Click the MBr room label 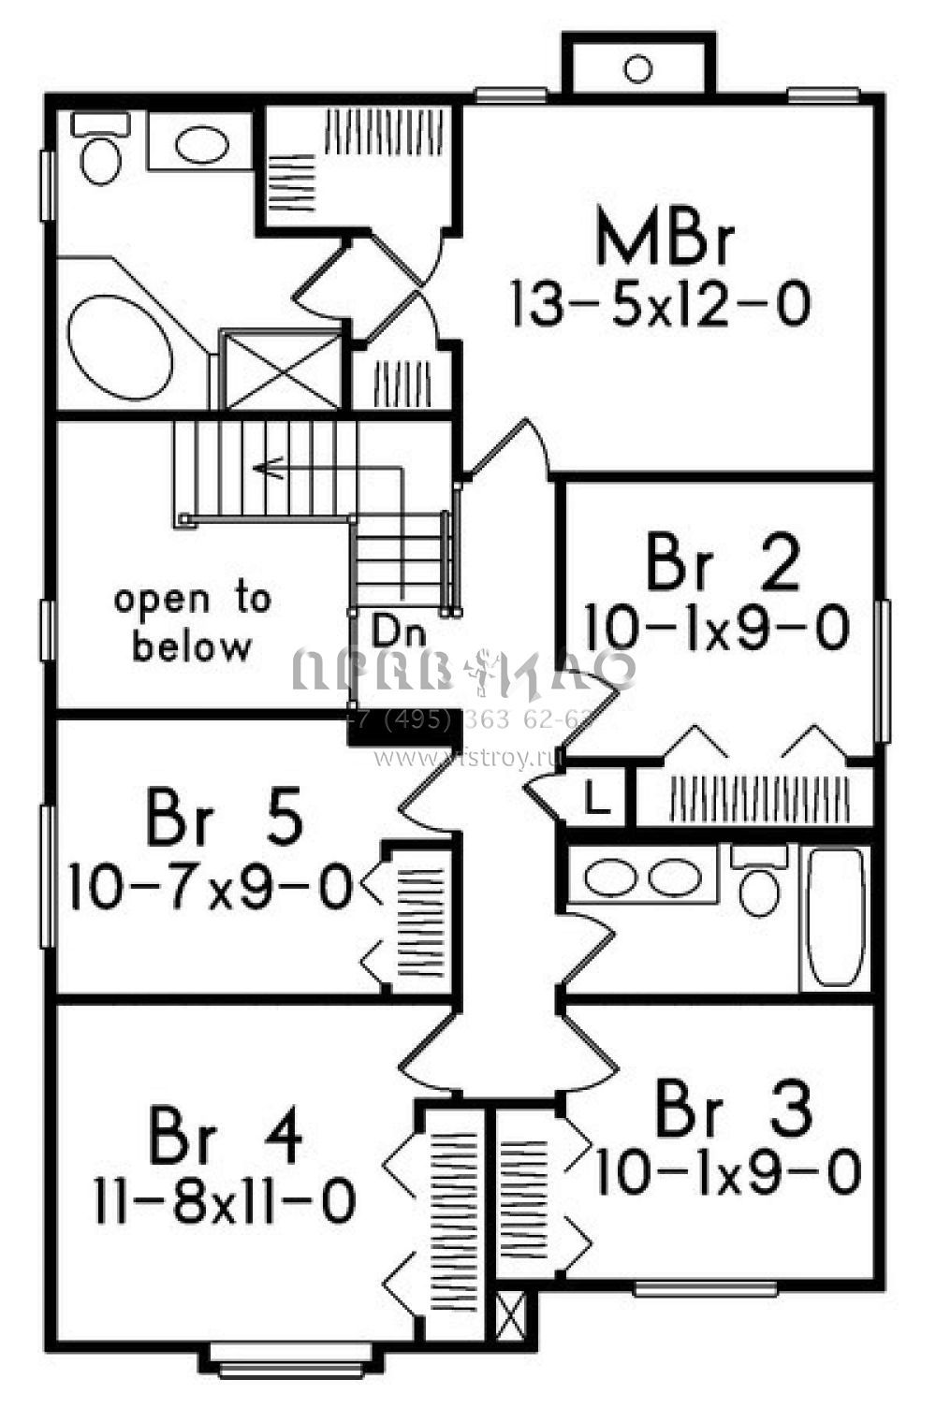(x=665, y=240)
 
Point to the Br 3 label (x=732, y=1110)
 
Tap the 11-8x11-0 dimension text (x=225, y=1200)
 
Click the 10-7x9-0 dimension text (x=211, y=888)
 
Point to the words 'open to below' (x=193, y=621)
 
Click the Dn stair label (x=399, y=631)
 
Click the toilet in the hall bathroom (x=759, y=885)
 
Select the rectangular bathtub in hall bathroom (x=835, y=917)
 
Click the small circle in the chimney (x=637, y=67)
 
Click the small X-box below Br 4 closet (x=510, y=1317)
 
